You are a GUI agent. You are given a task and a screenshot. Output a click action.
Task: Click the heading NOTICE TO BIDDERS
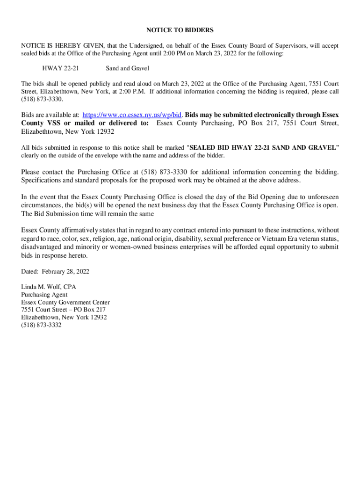pyautogui.click(x=180, y=30)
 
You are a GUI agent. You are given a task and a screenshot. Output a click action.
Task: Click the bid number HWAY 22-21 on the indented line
pyautogui.click(x=60, y=69)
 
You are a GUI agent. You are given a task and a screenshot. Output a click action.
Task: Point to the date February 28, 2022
pyautogui.click(x=65, y=272)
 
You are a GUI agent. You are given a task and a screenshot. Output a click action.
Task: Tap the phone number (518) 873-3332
pyautogui.click(x=41, y=325)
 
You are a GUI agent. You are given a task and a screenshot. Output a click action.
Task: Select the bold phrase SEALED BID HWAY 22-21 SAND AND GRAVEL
pyautogui.click(x=263, y=148)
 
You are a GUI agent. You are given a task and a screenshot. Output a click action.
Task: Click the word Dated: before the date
pyautogui.click(x=30, y=272)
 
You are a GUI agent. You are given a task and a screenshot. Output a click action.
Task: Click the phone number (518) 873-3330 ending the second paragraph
pyautogui.click(x=42, y=100)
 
